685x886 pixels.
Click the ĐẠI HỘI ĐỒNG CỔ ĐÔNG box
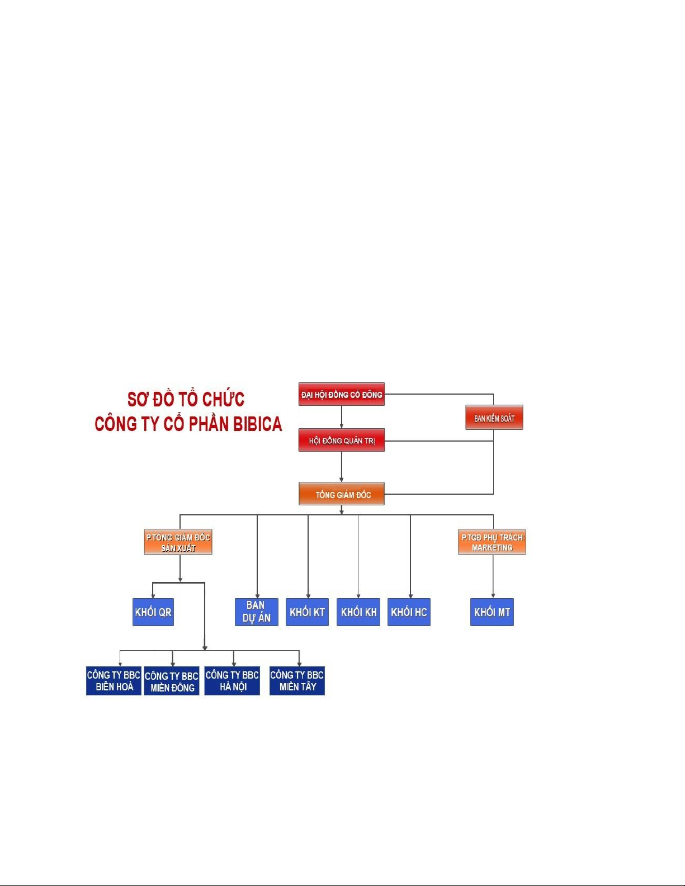coord(341,394)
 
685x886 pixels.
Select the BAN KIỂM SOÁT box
coord(494,418)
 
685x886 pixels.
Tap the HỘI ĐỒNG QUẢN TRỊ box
coord(341,440)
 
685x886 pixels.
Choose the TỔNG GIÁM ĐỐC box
coord(341,494)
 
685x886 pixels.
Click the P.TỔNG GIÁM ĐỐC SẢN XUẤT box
coord(178,542)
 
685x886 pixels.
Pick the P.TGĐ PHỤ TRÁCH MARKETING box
coord(492,542)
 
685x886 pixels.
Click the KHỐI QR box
coord(153,612)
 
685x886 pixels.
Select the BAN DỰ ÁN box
coord(256,612)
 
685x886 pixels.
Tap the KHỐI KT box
coord(307,612)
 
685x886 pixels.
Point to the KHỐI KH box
coord(358,612)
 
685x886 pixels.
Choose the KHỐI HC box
coord(409,612)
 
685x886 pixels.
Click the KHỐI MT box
coord(492,612)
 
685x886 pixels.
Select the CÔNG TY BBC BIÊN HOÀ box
coord(114,681)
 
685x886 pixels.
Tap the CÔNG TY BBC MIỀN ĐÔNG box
coord(172,681)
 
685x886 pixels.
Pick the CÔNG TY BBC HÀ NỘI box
coord(232,681)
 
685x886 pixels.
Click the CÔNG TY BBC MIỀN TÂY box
coord(297,681)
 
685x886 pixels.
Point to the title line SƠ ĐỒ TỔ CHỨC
coord(186,399)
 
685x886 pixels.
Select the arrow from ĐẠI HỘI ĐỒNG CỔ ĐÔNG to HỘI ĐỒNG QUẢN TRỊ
coord(342,417)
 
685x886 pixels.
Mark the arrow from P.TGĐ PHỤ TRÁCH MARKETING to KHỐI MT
coord(493,577)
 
